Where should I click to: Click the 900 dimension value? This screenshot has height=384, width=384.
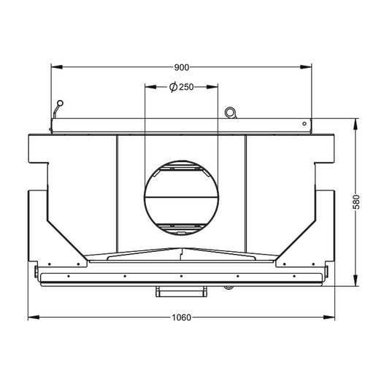pyautogui.click(x=182, y=67)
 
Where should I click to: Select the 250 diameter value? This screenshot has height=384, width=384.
pyautogui.click(x=186, y=87)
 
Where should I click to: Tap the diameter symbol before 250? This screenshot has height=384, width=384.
pyautogui.click(x=174, y=87)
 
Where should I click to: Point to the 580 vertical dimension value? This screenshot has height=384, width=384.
pyautogui.click(x=356, y=202)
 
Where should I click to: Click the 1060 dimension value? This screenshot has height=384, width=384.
pyautogui.click(x=181, y=318)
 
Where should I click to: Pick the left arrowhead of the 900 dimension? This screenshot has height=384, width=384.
pyautogui.click(x=57, y=67)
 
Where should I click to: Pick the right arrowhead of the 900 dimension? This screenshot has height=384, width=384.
pyautogui.click(x=306, y=67)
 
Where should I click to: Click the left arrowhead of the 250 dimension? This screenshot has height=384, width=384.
pyautogui.click(x=150, y=87)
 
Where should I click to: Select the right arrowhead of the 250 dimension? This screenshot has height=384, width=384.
pyautogui.click(x=212, y=87)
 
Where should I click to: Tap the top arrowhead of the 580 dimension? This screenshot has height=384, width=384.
pyautogui.click(x=356, y=124)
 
